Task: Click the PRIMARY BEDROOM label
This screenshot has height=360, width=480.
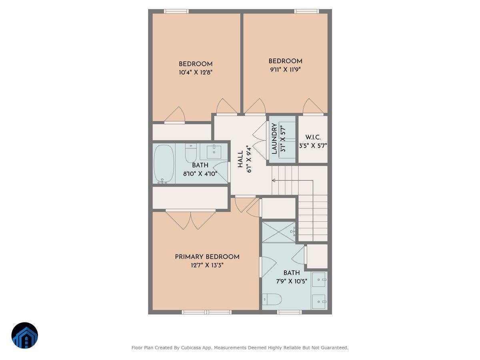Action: click(207, 257)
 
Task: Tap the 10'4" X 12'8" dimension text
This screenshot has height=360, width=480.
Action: click(195, 72)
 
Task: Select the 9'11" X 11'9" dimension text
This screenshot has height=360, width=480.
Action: click(285, 69)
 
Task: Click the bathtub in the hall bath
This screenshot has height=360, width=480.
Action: click(164, 164)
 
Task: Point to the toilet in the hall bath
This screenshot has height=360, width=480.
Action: click(191, 153)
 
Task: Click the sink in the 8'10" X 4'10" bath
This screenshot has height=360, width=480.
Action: click(214, 152)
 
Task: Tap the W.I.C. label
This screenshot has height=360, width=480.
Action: click(313, 137)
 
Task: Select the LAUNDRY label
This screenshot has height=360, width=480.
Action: click(274, 138)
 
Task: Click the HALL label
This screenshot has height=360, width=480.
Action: click(240, 159)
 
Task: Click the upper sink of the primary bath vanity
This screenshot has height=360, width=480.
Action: click(319, 280)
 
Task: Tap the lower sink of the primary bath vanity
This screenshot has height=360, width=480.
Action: click(319, 302)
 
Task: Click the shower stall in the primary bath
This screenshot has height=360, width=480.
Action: click(279, 232)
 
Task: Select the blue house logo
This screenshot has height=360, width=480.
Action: click(25, 335)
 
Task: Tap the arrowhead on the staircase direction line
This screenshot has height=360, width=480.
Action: click(274, 180)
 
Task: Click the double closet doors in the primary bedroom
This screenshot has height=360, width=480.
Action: click(191, 220)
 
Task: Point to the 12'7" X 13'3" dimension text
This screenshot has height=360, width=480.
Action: click(207, 265)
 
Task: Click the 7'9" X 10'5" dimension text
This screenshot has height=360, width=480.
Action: click(291, 281)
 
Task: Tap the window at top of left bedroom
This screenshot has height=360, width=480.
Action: click(176, 11)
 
